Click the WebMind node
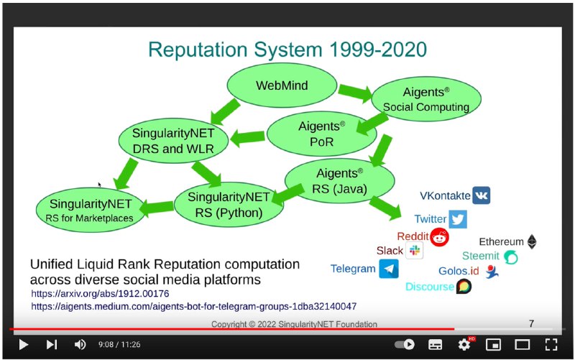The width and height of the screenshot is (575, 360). click(282, 86)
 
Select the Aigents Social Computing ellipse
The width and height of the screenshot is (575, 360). click(426, 99)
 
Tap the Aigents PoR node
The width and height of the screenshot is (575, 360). click(321, 134)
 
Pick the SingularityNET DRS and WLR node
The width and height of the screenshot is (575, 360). click(173, 140)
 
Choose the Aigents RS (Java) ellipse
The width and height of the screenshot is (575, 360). click(339, 181)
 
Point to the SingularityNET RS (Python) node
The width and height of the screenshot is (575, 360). click(229, 205)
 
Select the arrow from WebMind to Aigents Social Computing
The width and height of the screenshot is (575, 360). click(355, 93)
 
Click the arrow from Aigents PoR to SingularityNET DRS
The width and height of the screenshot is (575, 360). click(247, 138)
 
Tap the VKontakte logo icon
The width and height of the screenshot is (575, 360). click(481, 195)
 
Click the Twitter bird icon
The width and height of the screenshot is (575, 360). click(458, 219)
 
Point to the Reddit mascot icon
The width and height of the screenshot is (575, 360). click(439, 237)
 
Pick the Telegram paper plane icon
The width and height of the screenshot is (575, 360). click(389, 269)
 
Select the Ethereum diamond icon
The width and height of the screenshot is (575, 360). click(532, 242)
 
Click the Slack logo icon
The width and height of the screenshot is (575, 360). click(415, 250)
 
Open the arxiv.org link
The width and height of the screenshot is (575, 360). click(100, 294)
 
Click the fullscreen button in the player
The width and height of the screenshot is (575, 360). click(551, 345)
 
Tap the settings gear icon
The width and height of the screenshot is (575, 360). click(464, 345)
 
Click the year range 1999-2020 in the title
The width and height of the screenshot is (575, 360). click(378, 50)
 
